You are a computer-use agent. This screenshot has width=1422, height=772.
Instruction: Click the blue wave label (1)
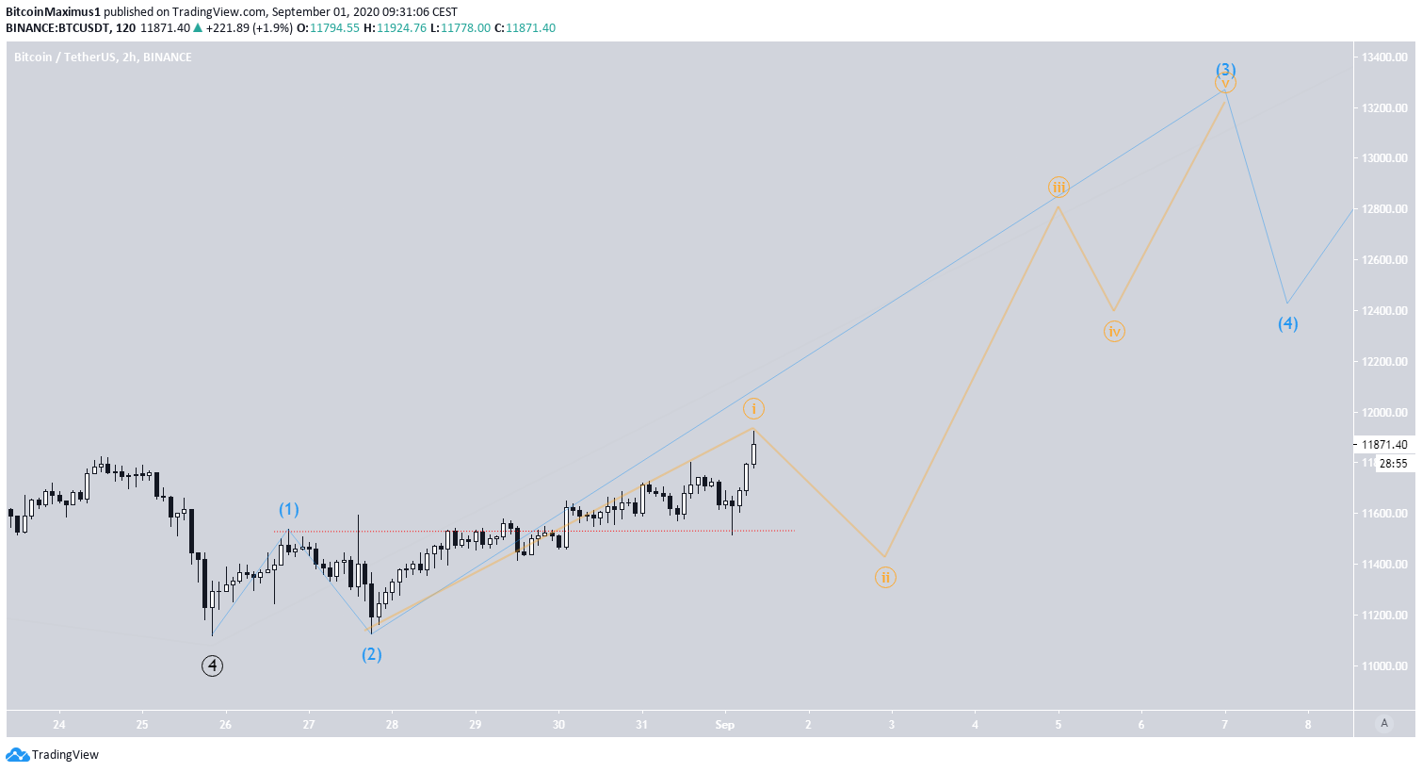tap(288, 510)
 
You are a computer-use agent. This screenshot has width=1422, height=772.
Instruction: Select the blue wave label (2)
tap(372, 654)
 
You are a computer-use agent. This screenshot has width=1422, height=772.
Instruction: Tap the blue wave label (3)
tap(1225, 70)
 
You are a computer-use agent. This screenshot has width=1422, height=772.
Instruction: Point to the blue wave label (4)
tap(1287, 324)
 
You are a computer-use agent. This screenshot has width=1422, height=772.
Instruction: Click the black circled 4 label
tap(213, 666)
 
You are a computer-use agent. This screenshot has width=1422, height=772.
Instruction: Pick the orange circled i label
tap(753, 409)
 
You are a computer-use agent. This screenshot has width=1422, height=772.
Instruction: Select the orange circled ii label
tap(885, 578)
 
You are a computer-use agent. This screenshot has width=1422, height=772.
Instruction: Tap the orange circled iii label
tap(1058, 188)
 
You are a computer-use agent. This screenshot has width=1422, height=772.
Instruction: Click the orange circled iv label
tap(1114, 332)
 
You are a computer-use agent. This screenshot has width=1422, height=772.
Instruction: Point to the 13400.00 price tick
tap(1383, 57)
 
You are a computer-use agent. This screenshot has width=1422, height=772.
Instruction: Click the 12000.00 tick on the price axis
tap(1383, 413)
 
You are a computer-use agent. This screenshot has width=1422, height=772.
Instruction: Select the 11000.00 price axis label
tap(1383, 666)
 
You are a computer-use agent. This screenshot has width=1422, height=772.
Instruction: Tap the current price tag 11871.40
tap(1383, 445)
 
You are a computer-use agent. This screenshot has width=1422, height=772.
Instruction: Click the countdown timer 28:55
tap(1393, 464)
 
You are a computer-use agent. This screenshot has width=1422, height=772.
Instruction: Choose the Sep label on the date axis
tap(724, 725)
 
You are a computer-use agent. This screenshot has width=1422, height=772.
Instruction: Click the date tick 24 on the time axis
tap(59, 725)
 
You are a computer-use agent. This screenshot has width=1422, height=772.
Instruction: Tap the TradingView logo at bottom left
tap(53, 755)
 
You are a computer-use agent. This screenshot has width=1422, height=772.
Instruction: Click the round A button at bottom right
tap(1383, 723)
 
